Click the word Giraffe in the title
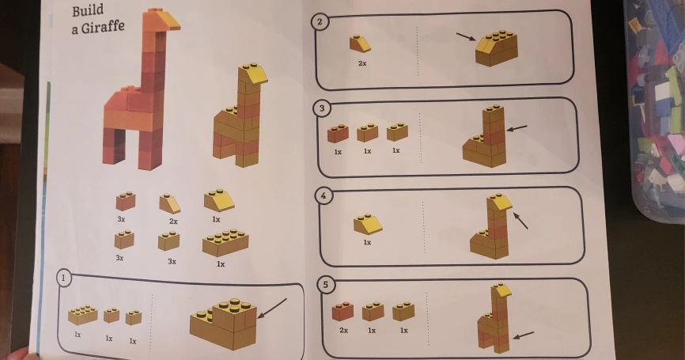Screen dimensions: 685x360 (103, 28)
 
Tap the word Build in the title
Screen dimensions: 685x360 (88, 10)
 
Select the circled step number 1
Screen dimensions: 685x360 (64, 278)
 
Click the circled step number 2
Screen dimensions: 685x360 (320, 22)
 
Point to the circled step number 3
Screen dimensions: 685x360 (322, 108)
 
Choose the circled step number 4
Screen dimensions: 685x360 (324, 195)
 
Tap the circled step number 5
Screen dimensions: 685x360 (325, 285)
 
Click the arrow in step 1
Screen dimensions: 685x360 (272, 309)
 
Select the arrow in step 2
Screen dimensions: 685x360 (466, 36)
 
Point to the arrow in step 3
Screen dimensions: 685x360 (517, 128)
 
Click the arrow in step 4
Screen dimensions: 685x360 (520, 221)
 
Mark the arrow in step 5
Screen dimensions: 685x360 (523, 335)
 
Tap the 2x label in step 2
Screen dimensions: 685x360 (362, 63)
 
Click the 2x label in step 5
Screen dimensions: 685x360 (344, 330)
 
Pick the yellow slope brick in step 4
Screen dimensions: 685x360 (368, 224)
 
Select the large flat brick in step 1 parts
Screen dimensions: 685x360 (82, 315)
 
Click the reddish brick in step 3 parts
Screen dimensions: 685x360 (338, 134)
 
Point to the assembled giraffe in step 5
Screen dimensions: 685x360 (494, 318)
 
